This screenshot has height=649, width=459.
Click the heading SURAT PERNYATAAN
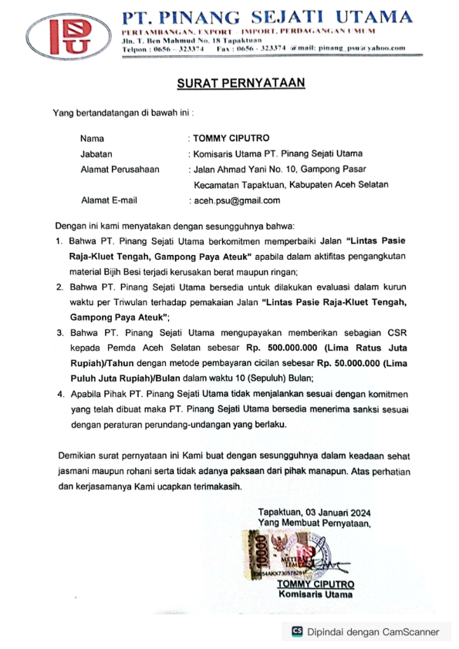click(x=229, y=83)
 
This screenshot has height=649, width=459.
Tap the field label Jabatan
click(x=96, y=153)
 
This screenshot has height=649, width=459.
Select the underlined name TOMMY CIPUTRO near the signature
click(x=316, y=585)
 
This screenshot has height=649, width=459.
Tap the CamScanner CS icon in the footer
click(x=296, y=631)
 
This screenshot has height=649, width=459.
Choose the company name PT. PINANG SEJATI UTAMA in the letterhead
click(x=267, y=16)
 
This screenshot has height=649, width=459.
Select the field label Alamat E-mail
click(x=109, y=200)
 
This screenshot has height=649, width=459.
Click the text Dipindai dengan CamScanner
click(x=373, y=631)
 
